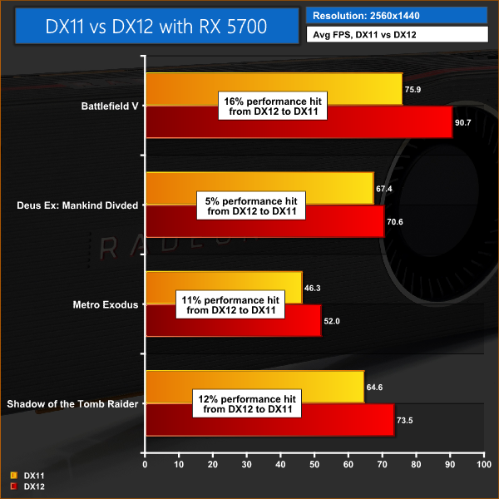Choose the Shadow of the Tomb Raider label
(72, 404)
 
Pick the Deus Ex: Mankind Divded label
(77, 205)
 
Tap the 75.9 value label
(415, 90)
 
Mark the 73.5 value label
(407, 421)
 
